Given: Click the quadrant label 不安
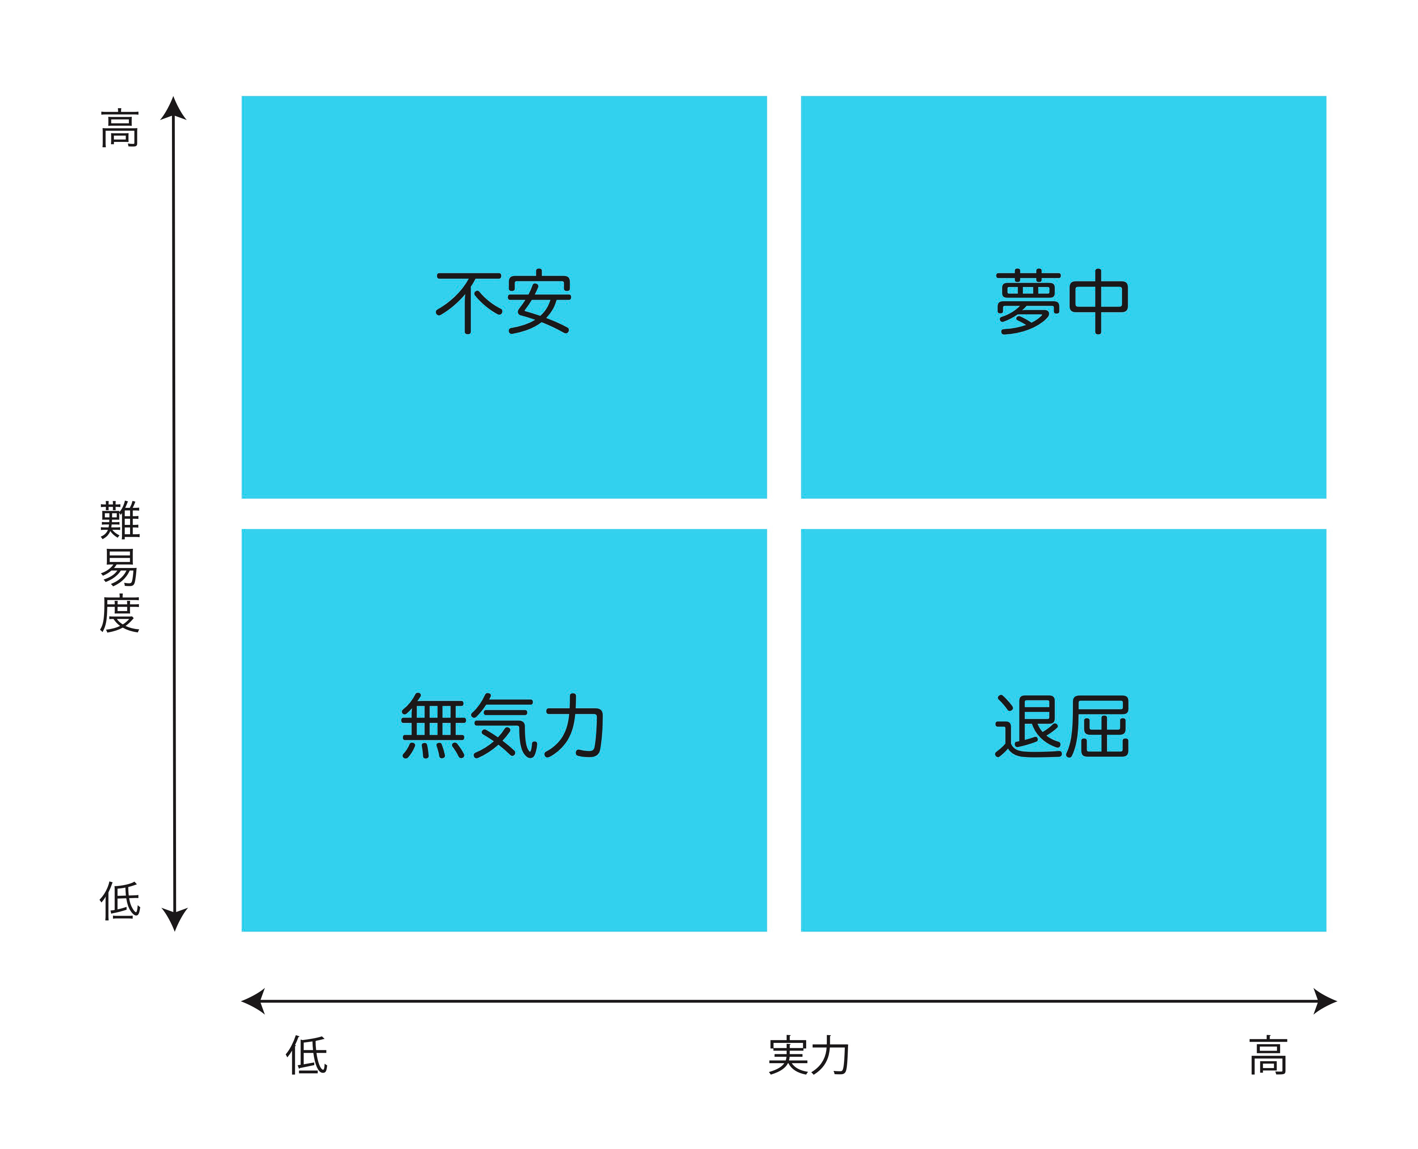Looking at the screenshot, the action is coord(503,302).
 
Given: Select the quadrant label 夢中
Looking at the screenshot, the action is coord(1062,302).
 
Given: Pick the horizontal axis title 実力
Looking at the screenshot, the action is coord(809,1056).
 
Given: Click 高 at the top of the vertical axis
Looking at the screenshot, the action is coord(120,128).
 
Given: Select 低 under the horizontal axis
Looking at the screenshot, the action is coord(307,1055).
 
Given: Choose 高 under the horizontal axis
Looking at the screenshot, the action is coord(1268,1056).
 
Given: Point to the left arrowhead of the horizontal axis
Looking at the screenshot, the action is coord(253,1001).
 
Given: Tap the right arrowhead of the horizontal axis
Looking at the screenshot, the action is coord(1325,1001).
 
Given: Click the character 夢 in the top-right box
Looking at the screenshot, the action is coord(1028,302).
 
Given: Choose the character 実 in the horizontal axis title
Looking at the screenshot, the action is coord(788,1056).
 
